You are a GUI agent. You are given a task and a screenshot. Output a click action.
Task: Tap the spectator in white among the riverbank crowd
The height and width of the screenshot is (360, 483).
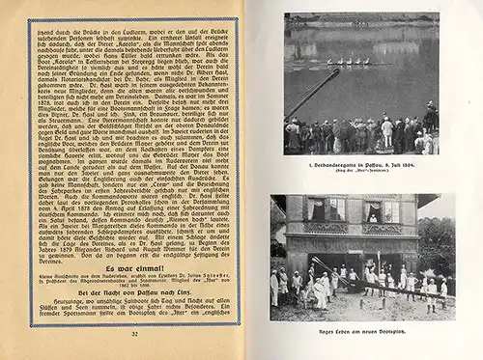click(x=387, y=132)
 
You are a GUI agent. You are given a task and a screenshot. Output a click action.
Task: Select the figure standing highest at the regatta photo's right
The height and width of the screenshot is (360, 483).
click(x=429, y=114)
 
